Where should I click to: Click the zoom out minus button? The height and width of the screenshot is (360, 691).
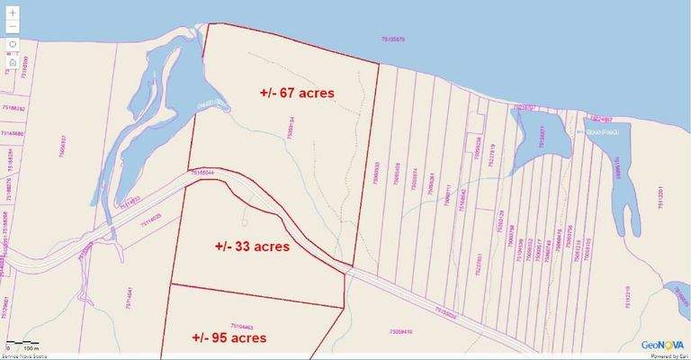pos(13,27)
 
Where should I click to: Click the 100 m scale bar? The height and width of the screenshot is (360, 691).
pos(22,346)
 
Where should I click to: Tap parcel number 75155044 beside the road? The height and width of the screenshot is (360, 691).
pos(202,171)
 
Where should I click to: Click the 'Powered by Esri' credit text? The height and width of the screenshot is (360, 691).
pos(665,355)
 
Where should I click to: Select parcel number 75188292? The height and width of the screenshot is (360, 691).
pos(13,108)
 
